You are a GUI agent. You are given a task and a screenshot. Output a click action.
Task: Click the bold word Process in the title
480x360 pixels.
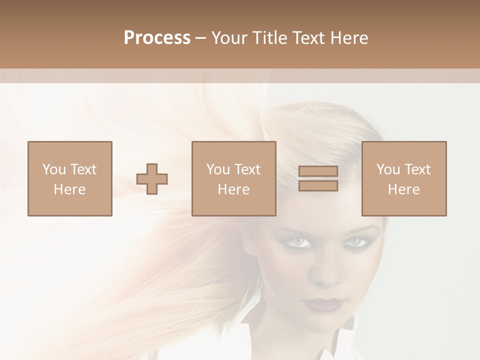pos(157,38)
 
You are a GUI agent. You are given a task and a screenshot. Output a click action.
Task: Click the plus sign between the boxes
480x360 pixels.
pos(152,179)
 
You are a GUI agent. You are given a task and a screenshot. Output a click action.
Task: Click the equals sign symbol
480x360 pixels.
pos(318,178)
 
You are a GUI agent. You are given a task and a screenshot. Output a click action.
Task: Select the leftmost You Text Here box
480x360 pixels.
pos(70,178)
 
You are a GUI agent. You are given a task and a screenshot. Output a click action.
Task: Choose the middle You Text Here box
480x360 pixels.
pos(234,178)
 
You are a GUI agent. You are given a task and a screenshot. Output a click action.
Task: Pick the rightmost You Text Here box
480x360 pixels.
pos(404,178)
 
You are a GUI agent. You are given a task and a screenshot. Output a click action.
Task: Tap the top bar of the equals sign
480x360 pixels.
pos(318,171)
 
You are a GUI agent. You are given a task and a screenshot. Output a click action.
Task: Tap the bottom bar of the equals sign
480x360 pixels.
pos(318,185)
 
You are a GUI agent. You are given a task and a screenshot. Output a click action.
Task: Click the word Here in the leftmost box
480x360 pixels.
pos(70,189)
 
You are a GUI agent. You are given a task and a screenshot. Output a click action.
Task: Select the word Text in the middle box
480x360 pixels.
pos(247,169)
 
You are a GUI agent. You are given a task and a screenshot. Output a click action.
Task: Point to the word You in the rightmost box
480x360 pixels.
pos(388,169)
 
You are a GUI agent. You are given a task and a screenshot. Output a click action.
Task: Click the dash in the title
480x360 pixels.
pos(200,38)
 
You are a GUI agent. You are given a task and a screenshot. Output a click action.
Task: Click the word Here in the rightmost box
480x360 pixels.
pos(404,189)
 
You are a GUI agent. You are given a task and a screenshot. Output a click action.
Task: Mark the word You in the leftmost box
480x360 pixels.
pos(54,169)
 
